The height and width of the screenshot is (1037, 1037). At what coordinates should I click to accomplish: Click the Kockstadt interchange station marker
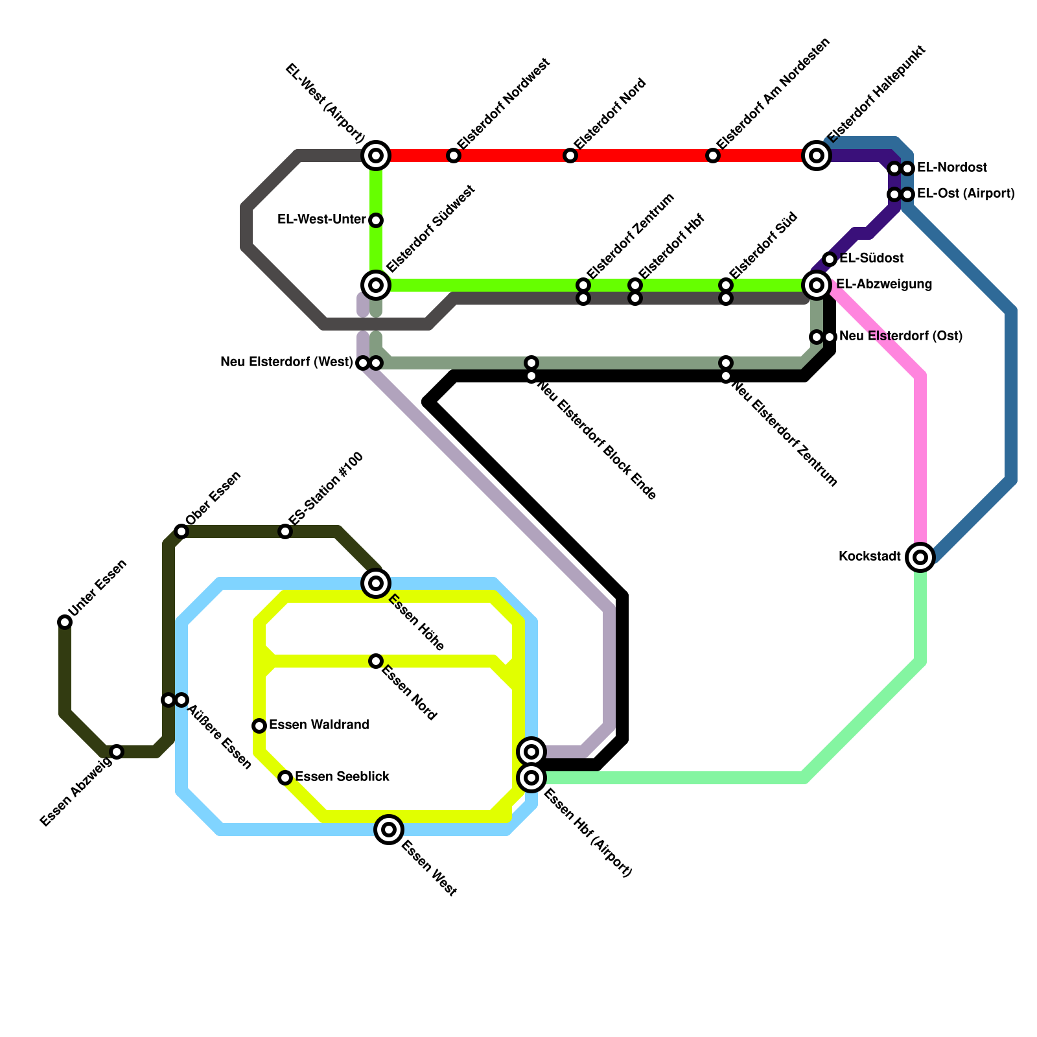click(x=920, y=557)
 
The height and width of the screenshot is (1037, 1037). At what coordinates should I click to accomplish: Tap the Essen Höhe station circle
click(x=376, y=583)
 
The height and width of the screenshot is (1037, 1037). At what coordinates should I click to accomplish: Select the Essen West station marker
click(x=389, y=830)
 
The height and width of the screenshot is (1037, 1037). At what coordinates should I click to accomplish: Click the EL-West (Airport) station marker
click(x=376, y=156)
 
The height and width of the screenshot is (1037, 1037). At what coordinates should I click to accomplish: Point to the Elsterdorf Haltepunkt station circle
click(x=817, y=156)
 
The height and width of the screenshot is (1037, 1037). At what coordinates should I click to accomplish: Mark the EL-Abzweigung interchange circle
click(x=817, y=285)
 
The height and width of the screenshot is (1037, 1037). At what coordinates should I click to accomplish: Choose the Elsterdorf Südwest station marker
click(x=376, y=285)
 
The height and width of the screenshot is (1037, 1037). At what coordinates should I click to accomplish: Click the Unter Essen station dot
click(x=65, y=622)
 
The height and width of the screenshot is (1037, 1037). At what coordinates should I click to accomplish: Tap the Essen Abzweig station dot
click(x=117, y=752)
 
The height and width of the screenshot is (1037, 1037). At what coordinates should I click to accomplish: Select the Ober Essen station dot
click(x=181, y=531)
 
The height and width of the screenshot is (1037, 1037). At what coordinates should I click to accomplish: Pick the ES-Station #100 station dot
click(x=285, y=531)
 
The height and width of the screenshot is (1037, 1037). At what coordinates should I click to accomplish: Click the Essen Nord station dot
click(x=376, y=661)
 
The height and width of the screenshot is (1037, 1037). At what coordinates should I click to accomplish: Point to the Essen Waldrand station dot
click(x=259, y=726)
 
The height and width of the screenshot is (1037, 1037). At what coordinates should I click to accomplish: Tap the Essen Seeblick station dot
click(x=285, y=778)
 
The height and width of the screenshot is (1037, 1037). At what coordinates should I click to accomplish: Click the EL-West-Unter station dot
click(x=376, y=220)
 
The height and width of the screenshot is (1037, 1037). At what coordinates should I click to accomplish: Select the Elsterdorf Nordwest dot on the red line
click(x=454, y=156)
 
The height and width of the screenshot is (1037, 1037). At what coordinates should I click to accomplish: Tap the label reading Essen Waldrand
click(x=319, y=725)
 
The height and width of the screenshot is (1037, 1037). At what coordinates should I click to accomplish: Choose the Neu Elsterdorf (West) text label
click(x=286, y=362)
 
